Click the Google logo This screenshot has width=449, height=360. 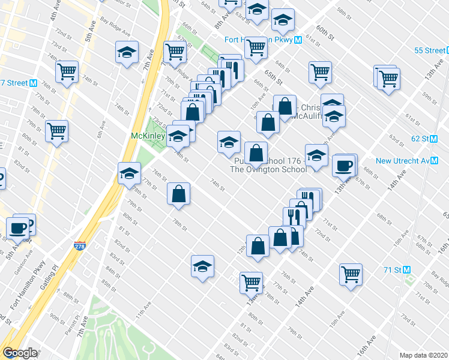click(20, 353)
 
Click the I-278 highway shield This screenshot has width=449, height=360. click(80, 246)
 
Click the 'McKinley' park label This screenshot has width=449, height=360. click(147, 136)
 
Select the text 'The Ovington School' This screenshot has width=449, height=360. click(268, 169)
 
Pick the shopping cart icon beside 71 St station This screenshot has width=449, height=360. click(351, 274)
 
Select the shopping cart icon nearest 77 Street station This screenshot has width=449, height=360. click(67, 72)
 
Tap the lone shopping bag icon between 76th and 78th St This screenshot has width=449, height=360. click(179, 194)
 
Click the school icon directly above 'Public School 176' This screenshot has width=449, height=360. click(229, 143)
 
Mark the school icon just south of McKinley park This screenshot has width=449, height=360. click(129, 174)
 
